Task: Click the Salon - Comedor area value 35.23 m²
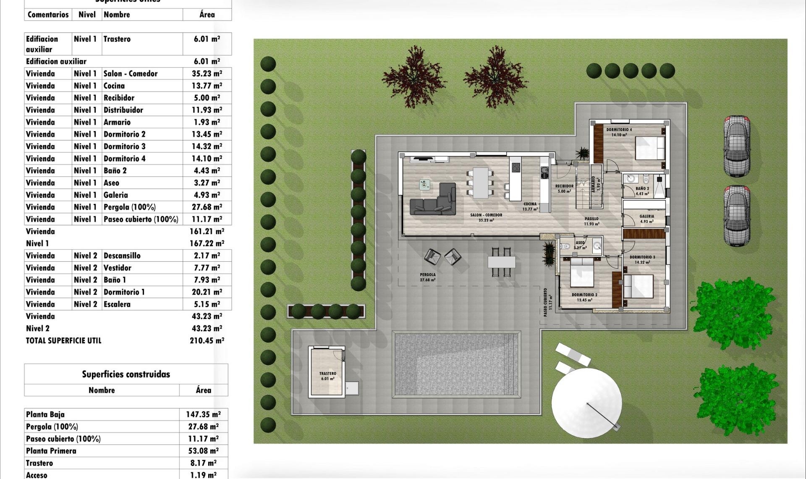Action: click(x=207, y=74)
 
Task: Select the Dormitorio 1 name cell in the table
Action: click(x=124, y=292)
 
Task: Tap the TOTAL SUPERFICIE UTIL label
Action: click(x=63, y=341)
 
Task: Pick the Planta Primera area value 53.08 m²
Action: click(x=203, y=451)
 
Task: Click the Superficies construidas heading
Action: click(x=126, y=374)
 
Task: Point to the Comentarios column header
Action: click(x=48, y=15)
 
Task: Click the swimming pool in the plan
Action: click(x=455, y=364)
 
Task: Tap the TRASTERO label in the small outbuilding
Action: click(x=327, y=374)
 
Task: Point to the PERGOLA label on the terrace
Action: click(x=427, y=275)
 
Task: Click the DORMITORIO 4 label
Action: click(x=619, y=130)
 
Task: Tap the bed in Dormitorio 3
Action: click(x=639, y=286)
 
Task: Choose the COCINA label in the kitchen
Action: click(x=530, y=204)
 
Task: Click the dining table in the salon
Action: click(x=481, y=182)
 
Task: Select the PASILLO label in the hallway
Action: click(x=591, y=219)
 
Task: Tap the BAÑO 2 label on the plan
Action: click(x=642, y=189)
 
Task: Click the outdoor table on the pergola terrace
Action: click(x=501, y=262)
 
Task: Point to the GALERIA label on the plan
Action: click(x=646, y=217)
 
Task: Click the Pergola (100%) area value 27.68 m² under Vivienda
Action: click(x=207, y=207)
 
